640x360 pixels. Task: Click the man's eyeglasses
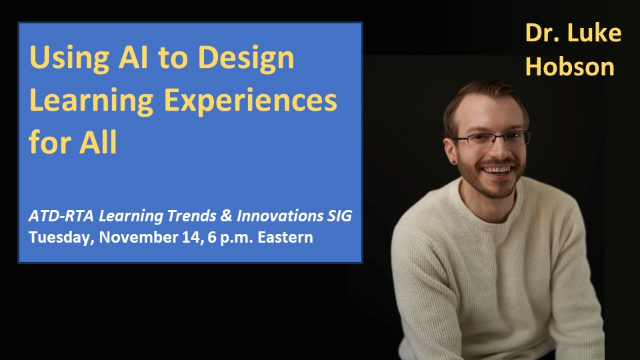491,139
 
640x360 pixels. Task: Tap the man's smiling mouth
493,171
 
